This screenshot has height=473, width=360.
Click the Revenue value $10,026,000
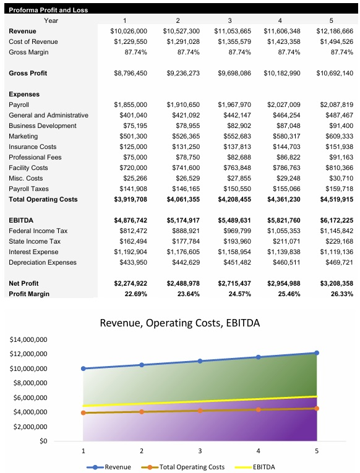click(129, 30)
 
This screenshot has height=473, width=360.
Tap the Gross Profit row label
click(28, 73)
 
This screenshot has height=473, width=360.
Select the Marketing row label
click(24, 136)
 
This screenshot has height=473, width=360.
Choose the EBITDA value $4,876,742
click(131, 220)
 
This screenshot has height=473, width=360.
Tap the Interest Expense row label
click(35, 252)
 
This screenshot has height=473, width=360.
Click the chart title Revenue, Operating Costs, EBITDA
click(180, 323)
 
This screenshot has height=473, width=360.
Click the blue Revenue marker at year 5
click(317, 353)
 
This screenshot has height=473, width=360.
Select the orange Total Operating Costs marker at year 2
click(142, 412)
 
